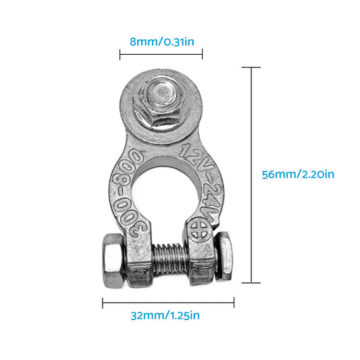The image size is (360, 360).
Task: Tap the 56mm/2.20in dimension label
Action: click(x=297, y=174)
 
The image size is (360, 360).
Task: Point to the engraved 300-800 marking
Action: click(x=126, y=194)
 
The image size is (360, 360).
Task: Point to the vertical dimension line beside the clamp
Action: click(x=251, y=175)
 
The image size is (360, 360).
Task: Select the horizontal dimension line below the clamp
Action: click(x=168, y=303)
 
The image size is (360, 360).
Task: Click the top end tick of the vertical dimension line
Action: click(x=251, y=68)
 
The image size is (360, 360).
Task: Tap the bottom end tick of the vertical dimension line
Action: click(x=251, y=283)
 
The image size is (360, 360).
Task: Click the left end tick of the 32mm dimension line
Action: click(x=103, y=303)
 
